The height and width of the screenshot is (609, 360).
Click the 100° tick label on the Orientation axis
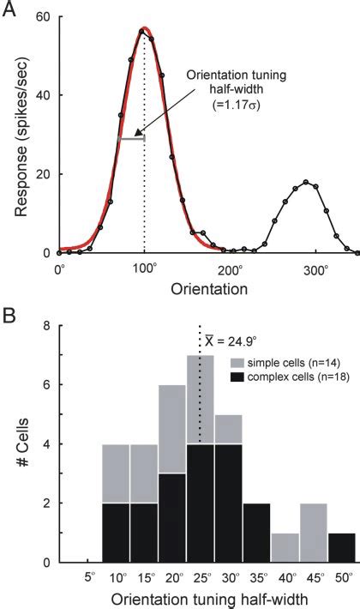(x=145, y=268)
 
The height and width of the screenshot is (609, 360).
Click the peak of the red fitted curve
(x=144, y=29)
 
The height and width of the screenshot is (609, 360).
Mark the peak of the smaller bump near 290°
(x=306, y=182)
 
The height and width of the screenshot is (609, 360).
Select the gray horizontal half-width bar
(x=131, y=138)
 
